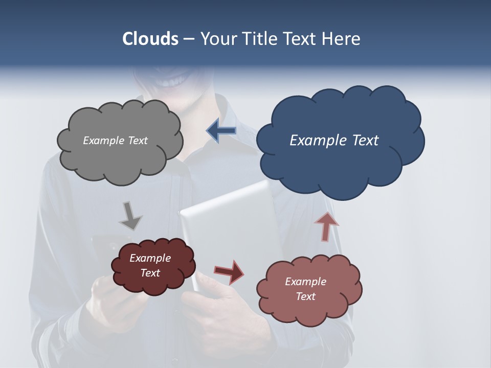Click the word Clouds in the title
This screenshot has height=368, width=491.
[x=150, y=39]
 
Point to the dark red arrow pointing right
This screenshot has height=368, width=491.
[x=229, y=271]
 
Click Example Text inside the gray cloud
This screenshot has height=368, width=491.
[x=115, y=141]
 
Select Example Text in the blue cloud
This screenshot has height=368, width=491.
[x=334, y=141]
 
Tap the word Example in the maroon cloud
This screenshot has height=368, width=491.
[x=150, y=258]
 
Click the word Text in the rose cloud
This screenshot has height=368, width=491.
[x=305, y=296]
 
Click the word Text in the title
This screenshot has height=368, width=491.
[x=302, y=39]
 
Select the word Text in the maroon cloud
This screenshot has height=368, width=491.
[x=150, y=273]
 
